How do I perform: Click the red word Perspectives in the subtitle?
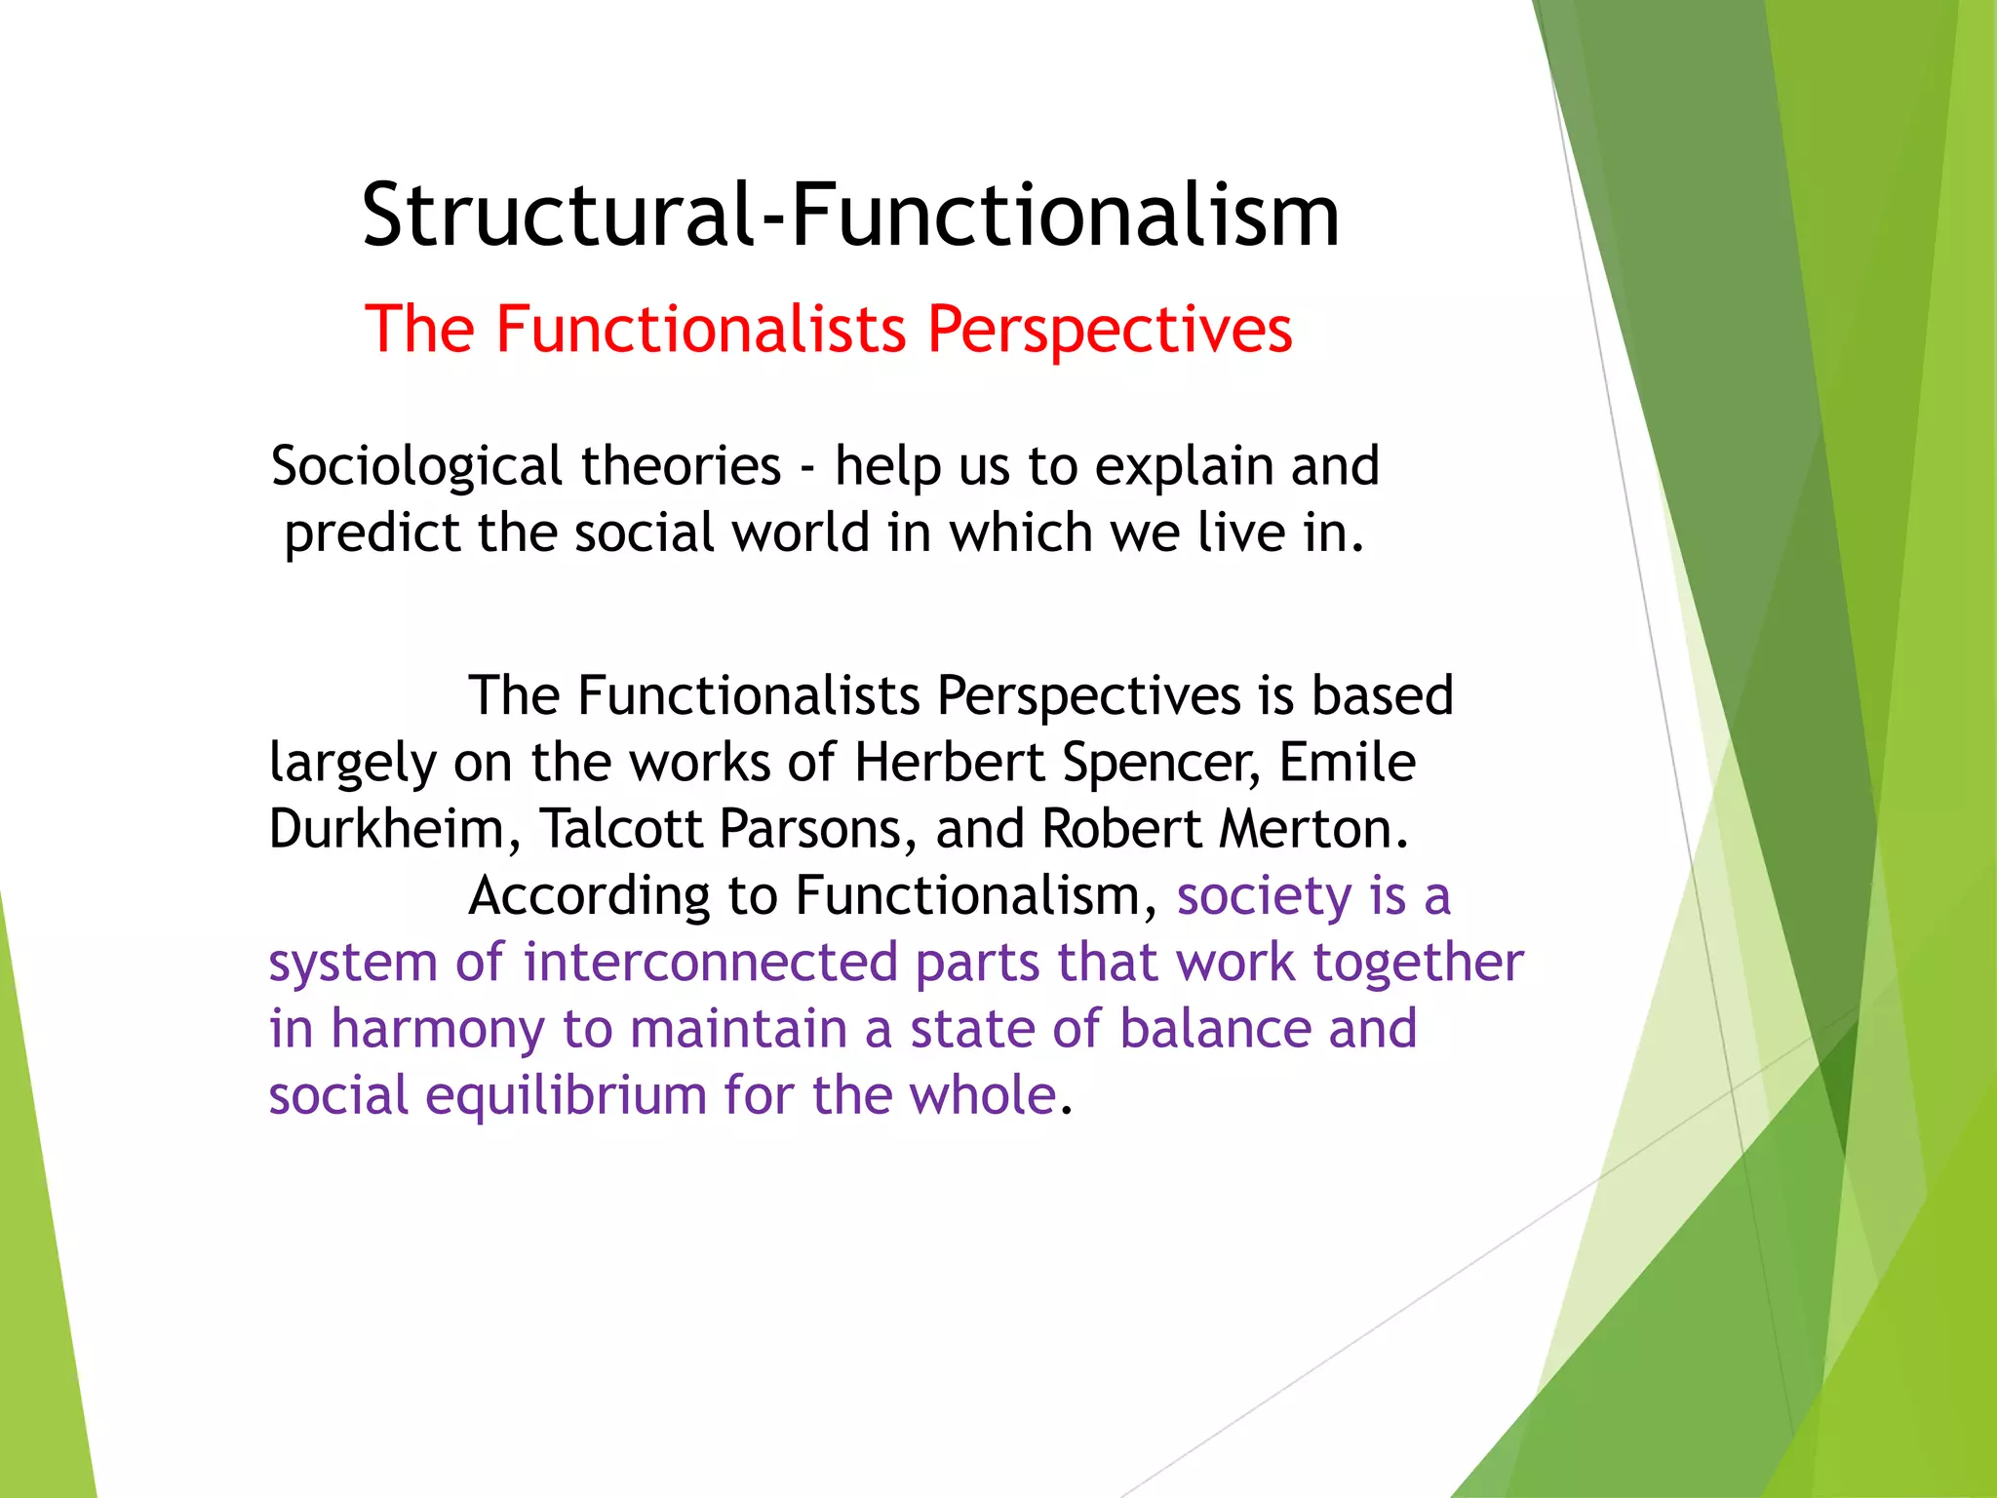1109,330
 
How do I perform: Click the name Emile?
1347,762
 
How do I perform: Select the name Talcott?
620,829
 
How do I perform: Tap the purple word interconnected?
709,963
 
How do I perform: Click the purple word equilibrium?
566,1097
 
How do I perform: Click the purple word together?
1418,965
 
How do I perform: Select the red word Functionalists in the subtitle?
701,329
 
